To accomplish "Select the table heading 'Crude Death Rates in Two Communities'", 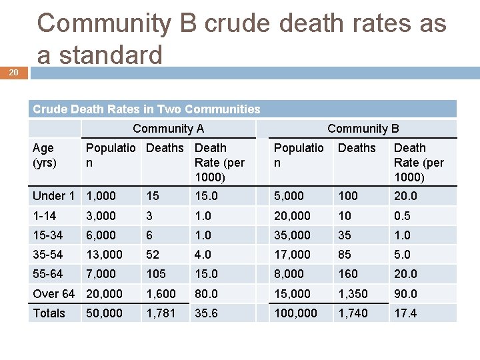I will coord(147,109).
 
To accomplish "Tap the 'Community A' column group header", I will coord(169,129).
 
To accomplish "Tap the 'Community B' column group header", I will coord(363,129).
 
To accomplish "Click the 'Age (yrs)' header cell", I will coord(44,155).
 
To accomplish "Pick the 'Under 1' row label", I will coord(53,196).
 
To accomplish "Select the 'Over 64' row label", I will coord(53,293).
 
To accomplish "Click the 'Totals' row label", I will coord(49,313).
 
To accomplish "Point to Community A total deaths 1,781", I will coord(160,313).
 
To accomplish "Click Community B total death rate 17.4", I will coord(405,313).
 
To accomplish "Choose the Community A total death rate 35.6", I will coord(206,313).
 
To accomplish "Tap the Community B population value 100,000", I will coord(296,313).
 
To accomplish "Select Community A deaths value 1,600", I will coord(160,293).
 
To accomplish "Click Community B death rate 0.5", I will coord(402,215).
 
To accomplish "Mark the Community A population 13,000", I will coord(105,255).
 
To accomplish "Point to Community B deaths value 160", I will coord(348,274).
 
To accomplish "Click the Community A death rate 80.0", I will coord(206,293).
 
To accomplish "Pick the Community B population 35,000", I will coord(293,235).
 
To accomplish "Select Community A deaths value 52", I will coord(153,255).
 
